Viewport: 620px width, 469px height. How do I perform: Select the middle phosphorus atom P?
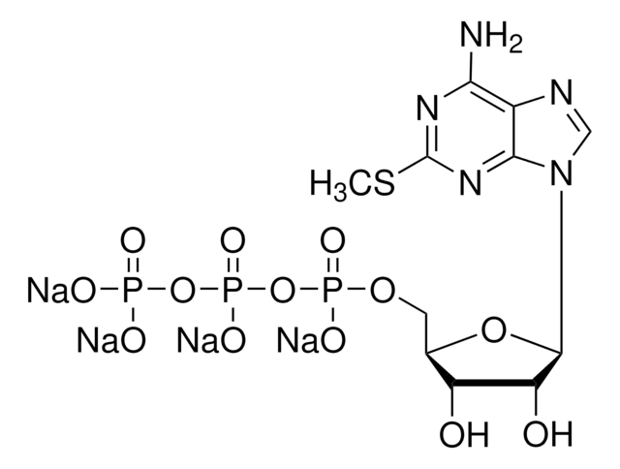point(230,289)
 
